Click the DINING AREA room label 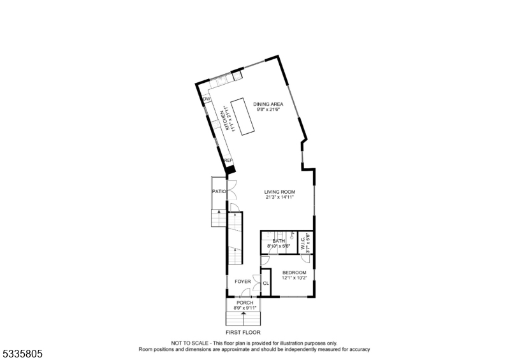click(268, 104)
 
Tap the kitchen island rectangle click(242, 116)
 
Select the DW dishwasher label click(207, 99)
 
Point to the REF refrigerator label click(228, 161)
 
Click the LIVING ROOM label click(280, 191)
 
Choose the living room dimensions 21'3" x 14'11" click(280, 197)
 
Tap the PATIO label click(219, 191)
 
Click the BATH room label click(279, 241)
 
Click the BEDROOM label click(294, 273)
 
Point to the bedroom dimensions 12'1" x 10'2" click(294, 278)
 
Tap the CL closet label click(266, 283)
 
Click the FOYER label click(242, 281)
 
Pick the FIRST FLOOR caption click(243, 332)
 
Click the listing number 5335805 click(22, 352)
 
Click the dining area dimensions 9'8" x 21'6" click(268, 110)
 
